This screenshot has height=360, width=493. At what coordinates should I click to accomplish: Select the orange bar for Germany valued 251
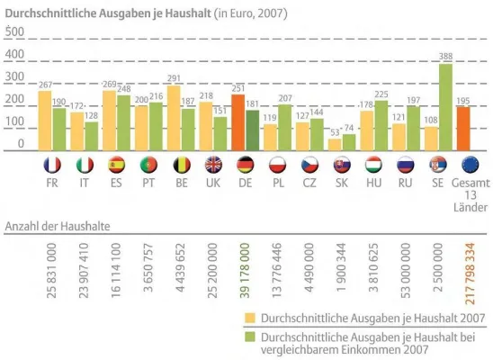(x=238, y=123)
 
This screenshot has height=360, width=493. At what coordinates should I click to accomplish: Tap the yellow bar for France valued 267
(x=45, y=121)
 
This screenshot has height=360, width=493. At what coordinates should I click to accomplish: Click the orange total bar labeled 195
(x=463, y=129)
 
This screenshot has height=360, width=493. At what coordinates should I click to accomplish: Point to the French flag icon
(x=52, y=166)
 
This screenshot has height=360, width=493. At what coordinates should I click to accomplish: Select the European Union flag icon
(x=463, y=166)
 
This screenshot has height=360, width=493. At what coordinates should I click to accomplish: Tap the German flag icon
(x=246, y=166)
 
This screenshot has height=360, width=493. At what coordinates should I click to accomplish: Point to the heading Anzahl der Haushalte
(x=64, y=224)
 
